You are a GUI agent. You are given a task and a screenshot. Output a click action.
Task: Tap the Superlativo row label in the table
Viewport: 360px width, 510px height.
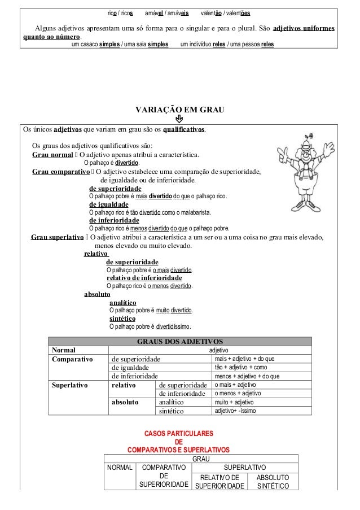click(x=70, y=385)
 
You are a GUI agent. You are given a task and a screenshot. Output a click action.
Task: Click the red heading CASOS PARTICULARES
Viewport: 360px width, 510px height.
click(x=179, y=434)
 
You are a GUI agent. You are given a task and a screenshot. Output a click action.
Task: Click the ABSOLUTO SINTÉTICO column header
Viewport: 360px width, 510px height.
click(x=273, y=482)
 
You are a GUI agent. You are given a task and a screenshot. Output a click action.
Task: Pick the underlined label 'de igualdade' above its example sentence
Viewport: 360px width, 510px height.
click(x=109, y=204)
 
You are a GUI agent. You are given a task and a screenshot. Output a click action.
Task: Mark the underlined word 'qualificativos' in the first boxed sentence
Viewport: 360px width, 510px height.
click(x=183, y=129)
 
